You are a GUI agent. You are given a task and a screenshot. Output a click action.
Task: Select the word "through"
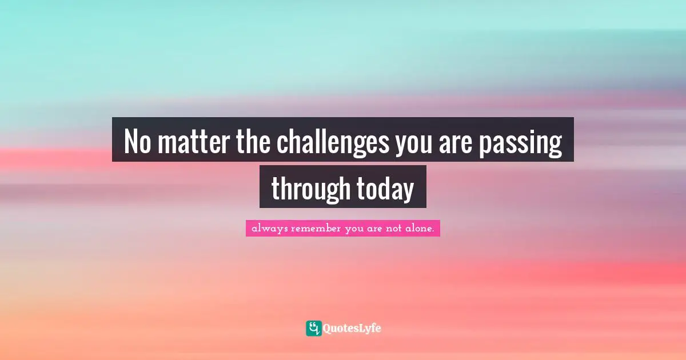click(x=310, y=189)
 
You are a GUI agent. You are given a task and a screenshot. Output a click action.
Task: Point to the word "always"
click(x=269, y=229)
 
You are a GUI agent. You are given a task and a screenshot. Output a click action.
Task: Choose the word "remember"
click(x=316, y=229)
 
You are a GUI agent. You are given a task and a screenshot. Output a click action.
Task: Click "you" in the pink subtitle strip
click(x=356, y=229)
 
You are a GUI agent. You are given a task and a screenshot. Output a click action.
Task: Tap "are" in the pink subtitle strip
click(x=378, y=229)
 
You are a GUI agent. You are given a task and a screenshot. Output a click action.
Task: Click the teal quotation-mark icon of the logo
click(x=313, y=328)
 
